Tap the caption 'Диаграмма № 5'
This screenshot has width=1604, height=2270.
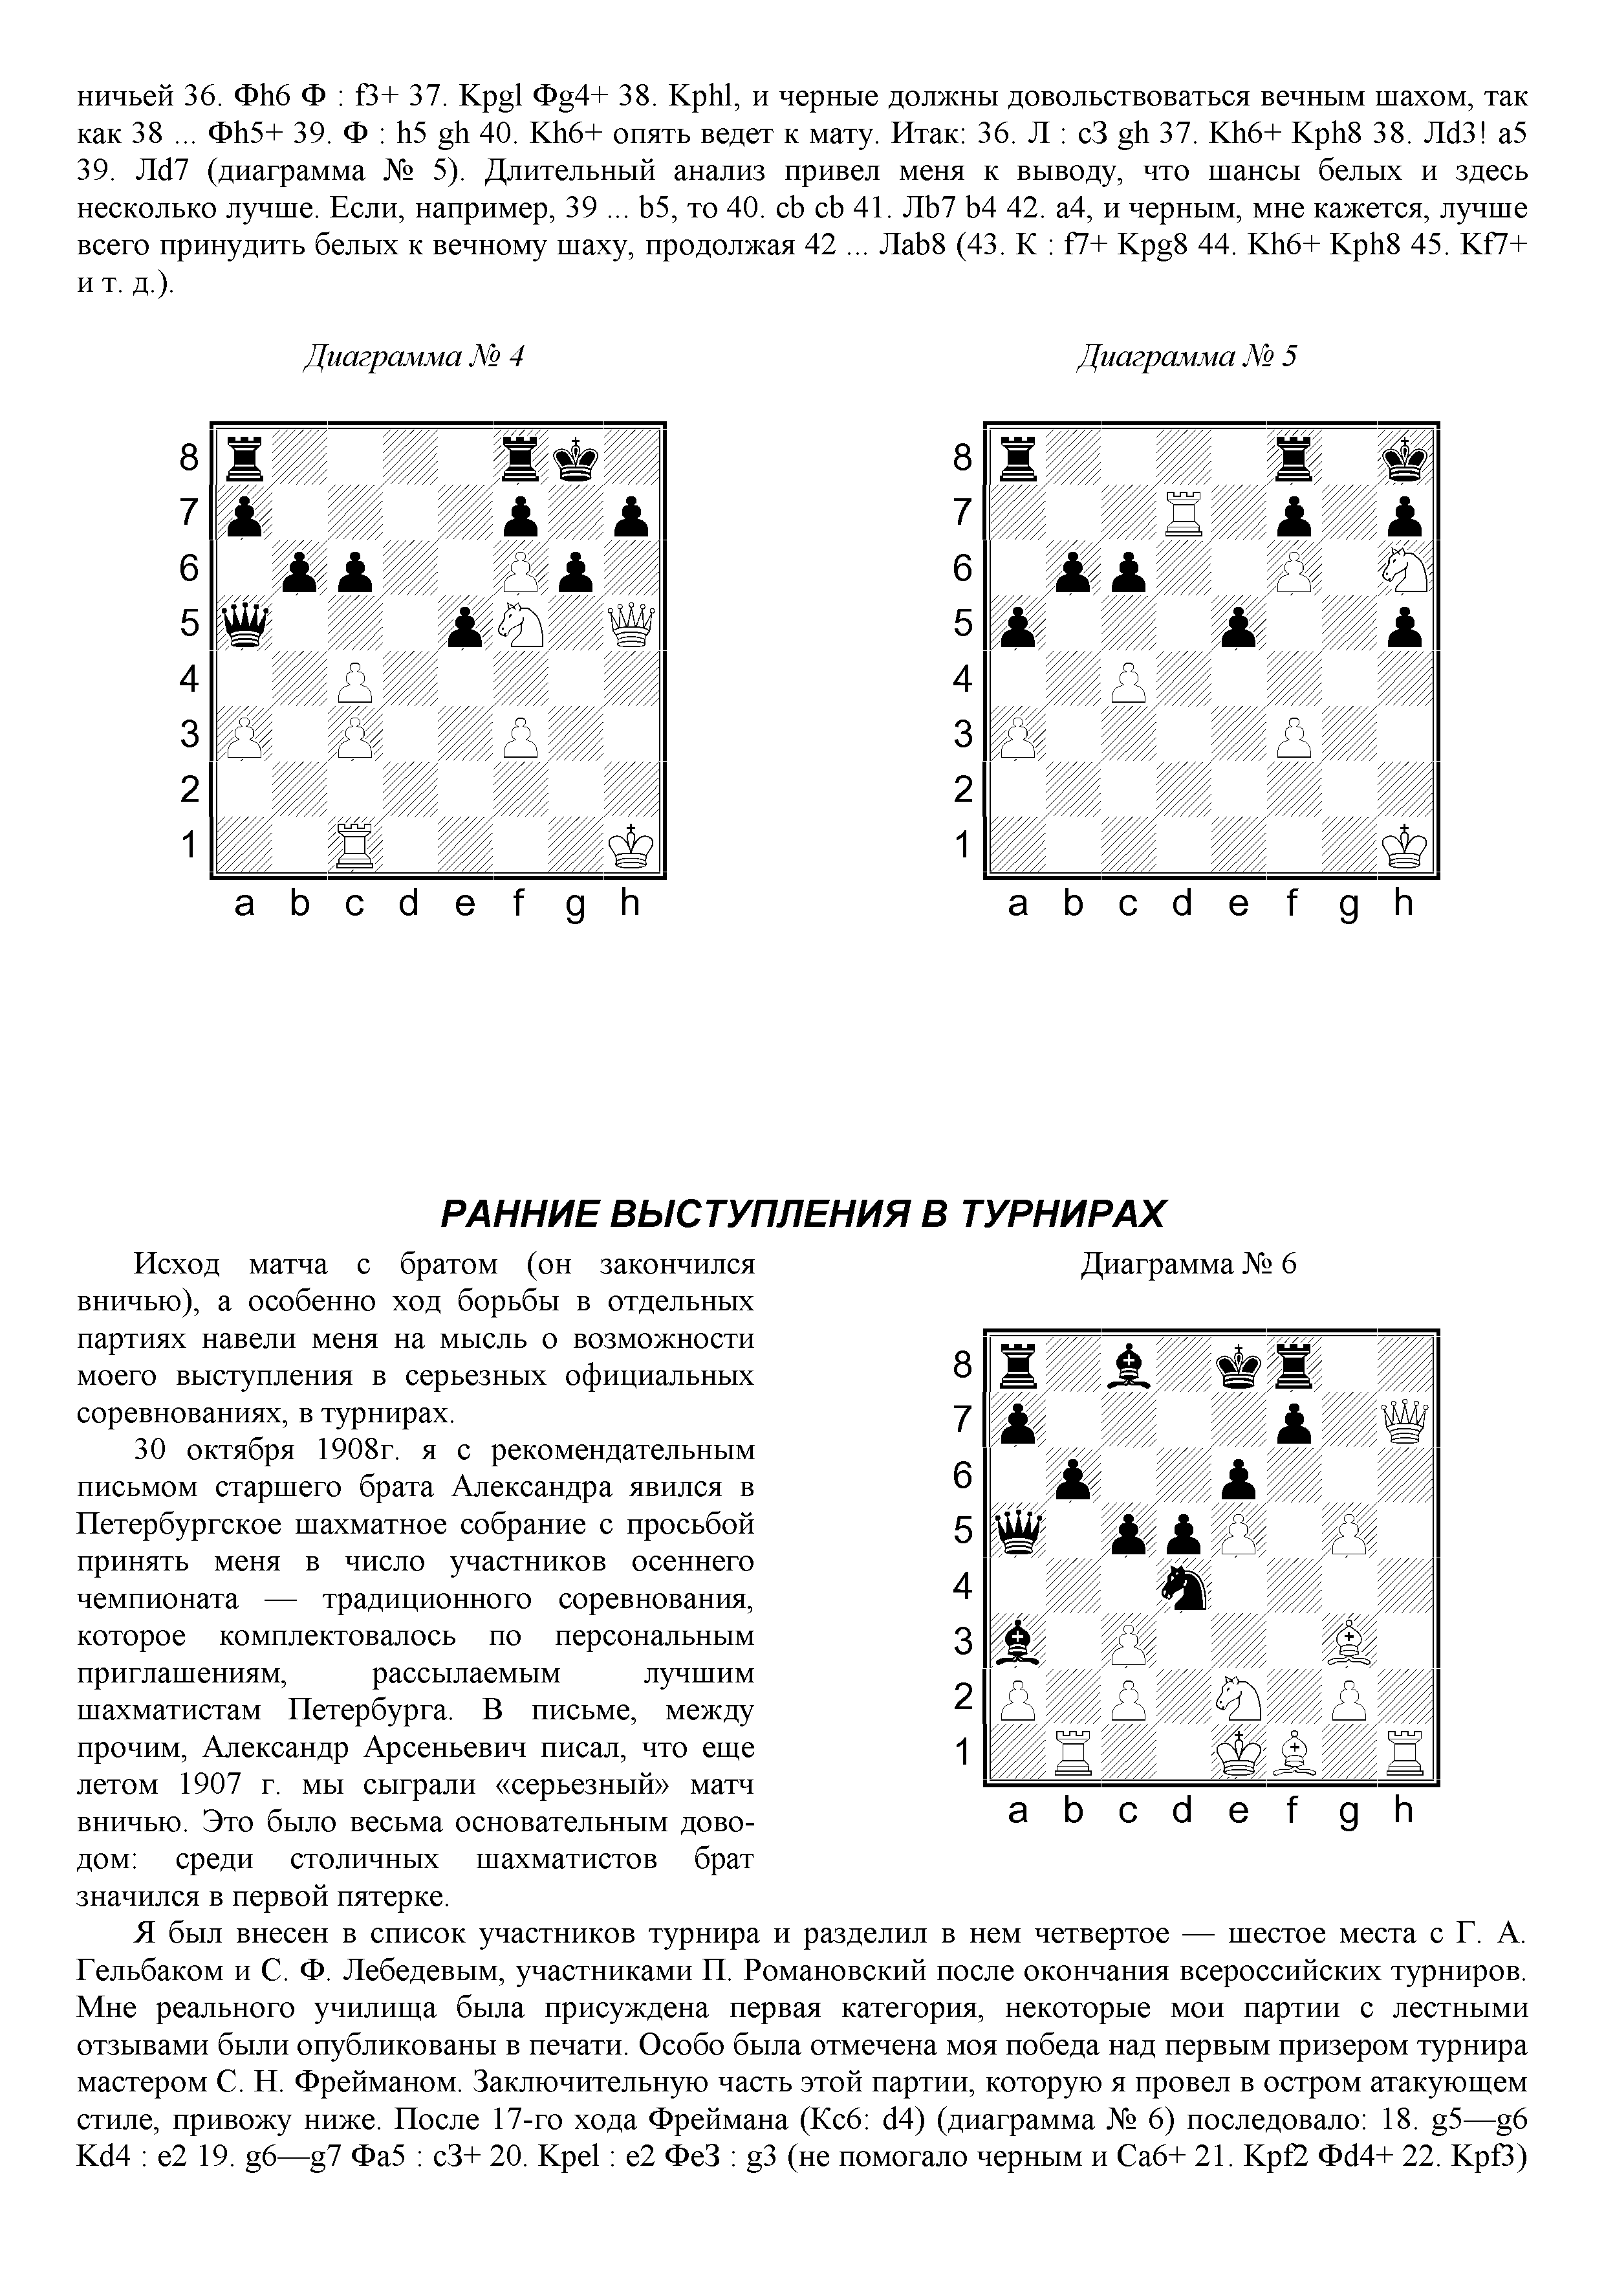[1186, 356]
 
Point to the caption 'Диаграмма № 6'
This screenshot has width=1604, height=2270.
[1188, 1264]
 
